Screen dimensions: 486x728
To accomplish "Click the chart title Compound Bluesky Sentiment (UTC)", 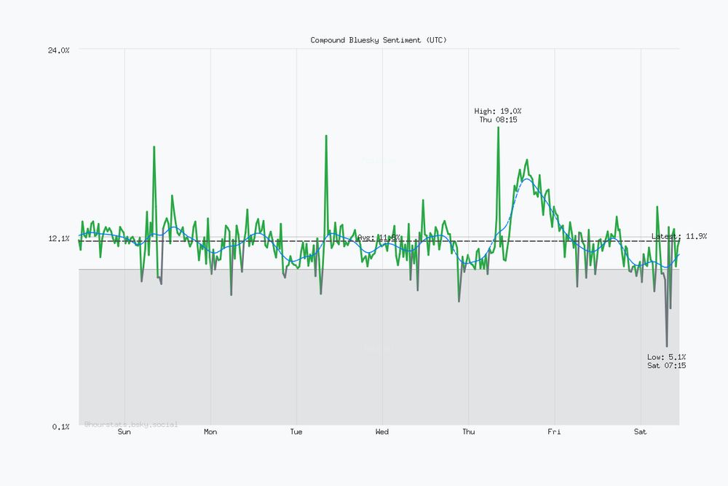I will (x=379, y=40).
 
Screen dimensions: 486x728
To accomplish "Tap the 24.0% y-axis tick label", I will (x=58, y=50).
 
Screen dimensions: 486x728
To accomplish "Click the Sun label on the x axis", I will (x=124, y=432).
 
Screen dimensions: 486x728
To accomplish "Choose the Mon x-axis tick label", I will (x=210, y=432).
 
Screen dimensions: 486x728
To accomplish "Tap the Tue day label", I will (x=296, y=432).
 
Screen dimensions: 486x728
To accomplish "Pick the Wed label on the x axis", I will (x=382, y=432).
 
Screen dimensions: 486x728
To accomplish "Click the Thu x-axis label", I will (x=469, y=432).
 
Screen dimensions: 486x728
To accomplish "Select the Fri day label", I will (x=554, y=432).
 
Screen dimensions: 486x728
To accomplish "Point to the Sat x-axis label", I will (x=640, y=432).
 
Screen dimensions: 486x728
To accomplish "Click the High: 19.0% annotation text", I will (x=498, y=111).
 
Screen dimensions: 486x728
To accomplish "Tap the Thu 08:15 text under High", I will (x=498, y=119).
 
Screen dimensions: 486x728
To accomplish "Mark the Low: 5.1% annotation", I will (x=666, y=357).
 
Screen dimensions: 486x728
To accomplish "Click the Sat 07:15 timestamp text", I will (x=666, y=365).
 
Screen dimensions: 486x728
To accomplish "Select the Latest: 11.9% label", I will (x=679, y=236).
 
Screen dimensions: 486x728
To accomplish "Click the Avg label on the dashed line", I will (x=379, y=238).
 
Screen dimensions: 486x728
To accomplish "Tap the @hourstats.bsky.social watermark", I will (x=131, y=423).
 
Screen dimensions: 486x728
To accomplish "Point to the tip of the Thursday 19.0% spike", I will (x=499, y=128).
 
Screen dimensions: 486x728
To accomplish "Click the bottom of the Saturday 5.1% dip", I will (x=667, y=346).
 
